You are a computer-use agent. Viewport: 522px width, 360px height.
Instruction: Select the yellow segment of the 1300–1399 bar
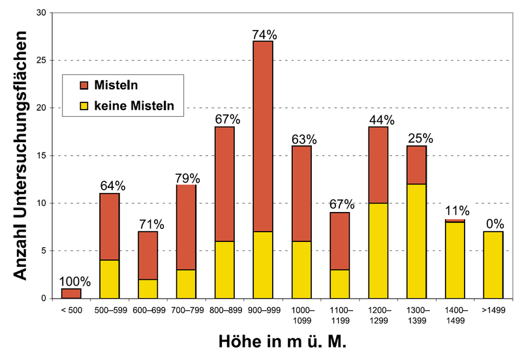point(416,241)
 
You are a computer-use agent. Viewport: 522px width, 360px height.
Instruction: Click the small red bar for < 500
point(71,293)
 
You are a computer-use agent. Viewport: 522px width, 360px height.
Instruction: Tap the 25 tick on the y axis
point(40,61)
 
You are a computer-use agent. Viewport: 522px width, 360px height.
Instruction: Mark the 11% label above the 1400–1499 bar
point(455,210)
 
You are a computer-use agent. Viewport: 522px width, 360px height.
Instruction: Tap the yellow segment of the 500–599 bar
point(109,279)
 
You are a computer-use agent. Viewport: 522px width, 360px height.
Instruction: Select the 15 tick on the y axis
point(40,156)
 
